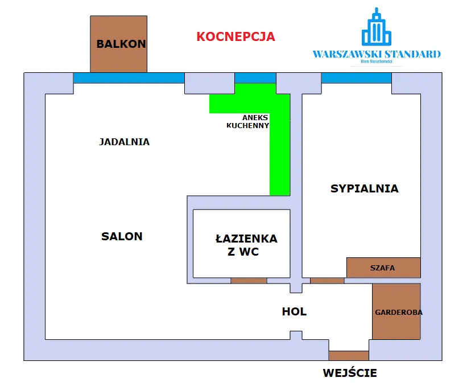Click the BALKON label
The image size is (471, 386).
click(x=121, y=44)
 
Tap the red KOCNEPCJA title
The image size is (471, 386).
click(x=235, y=37)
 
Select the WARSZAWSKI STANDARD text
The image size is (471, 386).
click(x=376, y=55)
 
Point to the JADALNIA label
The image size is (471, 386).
click(x=124, y=142)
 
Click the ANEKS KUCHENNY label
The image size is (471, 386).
click(x=247, y=121)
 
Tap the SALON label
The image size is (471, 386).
click(x=122, y=236)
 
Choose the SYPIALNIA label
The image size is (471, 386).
click(x=364, y=188)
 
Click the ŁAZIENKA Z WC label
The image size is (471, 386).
click(x=246, y=245)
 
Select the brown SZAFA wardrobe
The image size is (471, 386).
click(x=383, y=268)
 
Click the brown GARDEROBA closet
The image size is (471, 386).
click(x=396, y=312)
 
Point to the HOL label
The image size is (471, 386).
click(x=294, y=311)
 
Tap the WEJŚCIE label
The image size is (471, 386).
click(x=349, y=373)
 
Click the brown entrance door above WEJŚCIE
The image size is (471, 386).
click(x=349, y=356)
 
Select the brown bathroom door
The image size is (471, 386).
click(x=249, y=280)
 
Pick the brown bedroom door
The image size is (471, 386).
click(x=327, y=280)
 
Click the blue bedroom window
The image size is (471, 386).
click(x=356, y=78)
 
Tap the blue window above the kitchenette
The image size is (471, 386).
click(x=255, y=78)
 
